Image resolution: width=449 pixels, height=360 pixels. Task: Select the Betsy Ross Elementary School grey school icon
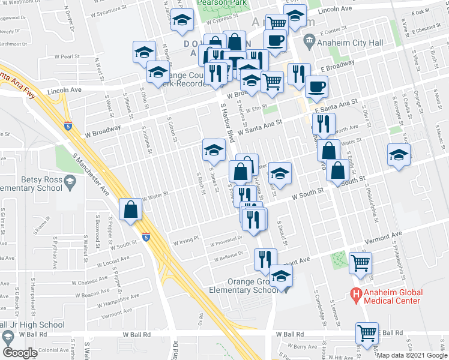[x=70, y=181]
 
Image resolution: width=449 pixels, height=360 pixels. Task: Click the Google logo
[x=20, y=352]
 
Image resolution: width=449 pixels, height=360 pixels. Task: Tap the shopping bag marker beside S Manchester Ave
[x=131, y=210]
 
